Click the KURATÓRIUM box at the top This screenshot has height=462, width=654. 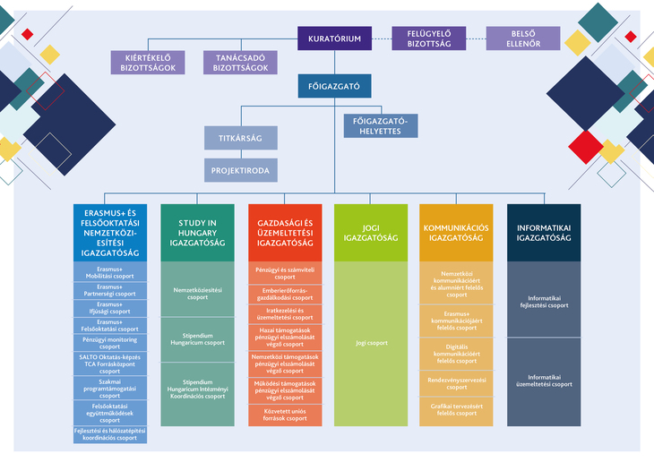click(335, 38)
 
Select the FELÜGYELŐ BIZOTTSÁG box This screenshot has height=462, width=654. click(429, 38)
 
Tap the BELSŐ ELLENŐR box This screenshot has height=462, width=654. click(523, 38)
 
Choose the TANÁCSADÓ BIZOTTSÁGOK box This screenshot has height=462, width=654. click(240, 62)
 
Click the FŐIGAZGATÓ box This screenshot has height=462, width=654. click(335, 86)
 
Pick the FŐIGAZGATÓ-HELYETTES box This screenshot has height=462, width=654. click(381, 126)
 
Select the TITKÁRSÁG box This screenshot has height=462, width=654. click(240, 138)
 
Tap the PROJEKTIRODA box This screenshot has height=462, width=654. click(240, 169)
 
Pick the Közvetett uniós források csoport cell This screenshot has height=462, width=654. click(285, 415)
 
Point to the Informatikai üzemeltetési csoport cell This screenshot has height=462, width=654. click(543, 382)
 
